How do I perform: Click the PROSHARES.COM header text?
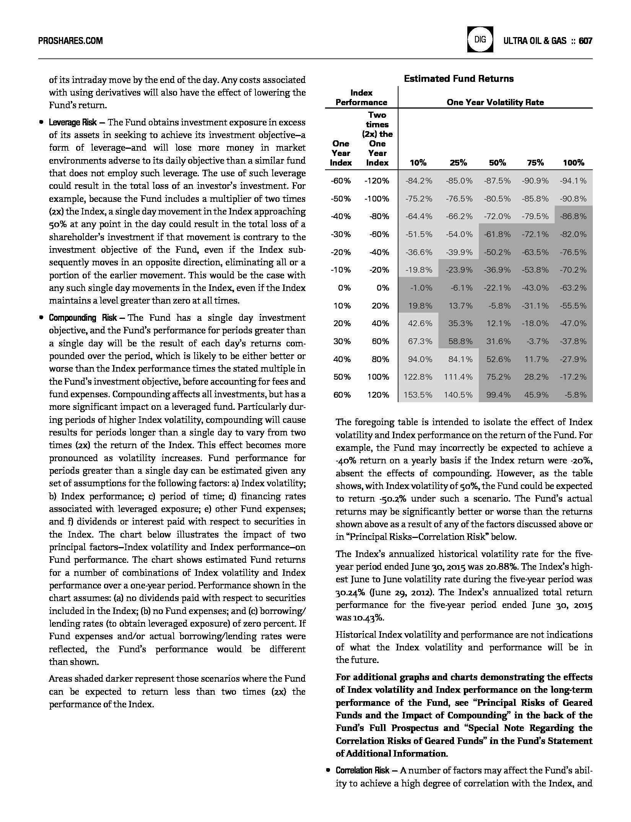[x=70, y=41]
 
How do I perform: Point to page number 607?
[x=585, y=41]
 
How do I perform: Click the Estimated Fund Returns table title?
[x=459, y=79]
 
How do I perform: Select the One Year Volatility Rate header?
[x=495, y=102]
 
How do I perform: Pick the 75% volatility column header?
[x=535, y=163]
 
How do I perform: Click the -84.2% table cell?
[x=419, y=181]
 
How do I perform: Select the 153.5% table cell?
[x=418, y=395]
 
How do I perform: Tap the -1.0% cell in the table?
[x=421, y=288]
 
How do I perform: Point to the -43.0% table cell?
[x=535, y=288]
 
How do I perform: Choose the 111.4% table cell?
[x=458, y=377]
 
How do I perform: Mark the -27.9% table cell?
[x=572, y=359]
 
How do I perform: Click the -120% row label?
[x=376, y=181]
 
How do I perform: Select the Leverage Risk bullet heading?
[x=73, y=123]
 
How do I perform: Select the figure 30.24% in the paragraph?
[x=348, y=592]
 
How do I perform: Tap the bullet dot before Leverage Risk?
[x=41, y=123]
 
